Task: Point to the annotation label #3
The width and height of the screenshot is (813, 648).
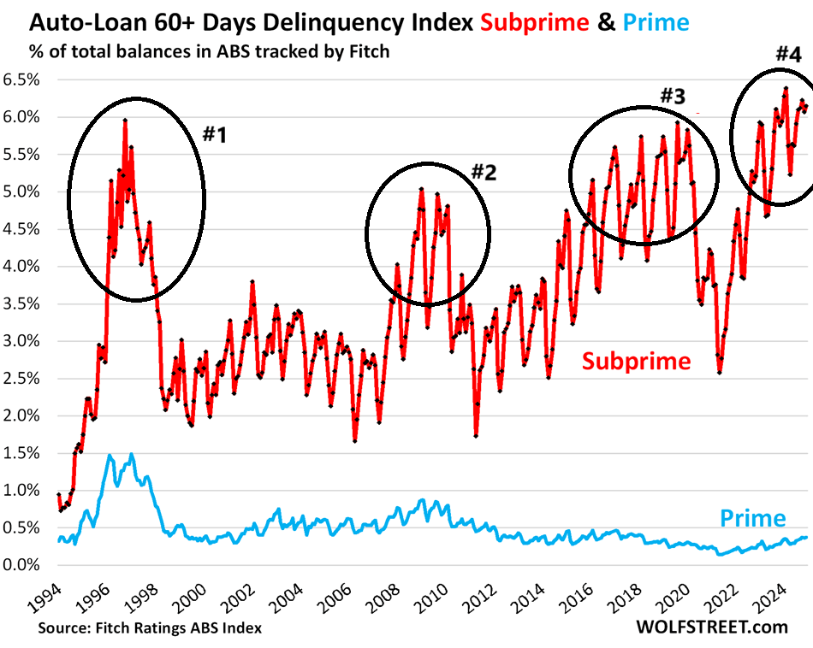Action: click(673, 96)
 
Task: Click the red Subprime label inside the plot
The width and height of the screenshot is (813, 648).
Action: click(636, 360)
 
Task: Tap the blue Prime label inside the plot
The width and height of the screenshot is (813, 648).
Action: click(751, 517)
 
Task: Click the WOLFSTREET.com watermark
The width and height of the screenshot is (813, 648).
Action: click(712, 627)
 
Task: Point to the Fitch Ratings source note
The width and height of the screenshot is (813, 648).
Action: click(150, 628)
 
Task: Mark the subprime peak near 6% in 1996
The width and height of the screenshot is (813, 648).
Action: click(125, 120)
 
